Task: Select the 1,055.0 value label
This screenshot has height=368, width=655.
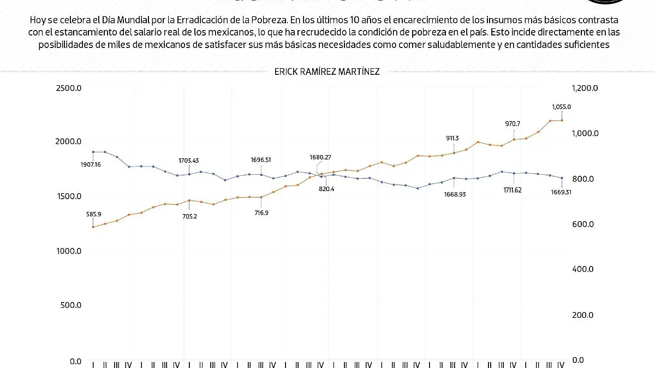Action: (561, 107)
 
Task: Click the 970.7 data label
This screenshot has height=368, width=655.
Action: (513, 124)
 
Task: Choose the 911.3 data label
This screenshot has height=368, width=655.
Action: (453, 138)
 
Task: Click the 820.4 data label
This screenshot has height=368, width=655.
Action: (326, 189)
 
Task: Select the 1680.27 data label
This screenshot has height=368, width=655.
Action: (320, 157)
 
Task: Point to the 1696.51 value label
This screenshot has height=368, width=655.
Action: (260, 160)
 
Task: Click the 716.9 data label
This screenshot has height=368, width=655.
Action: (260, 212)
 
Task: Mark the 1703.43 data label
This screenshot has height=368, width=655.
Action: (188, 161)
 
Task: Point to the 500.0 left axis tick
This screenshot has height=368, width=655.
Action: (70, 306)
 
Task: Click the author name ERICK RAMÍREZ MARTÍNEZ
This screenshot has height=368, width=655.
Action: (327, 72)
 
